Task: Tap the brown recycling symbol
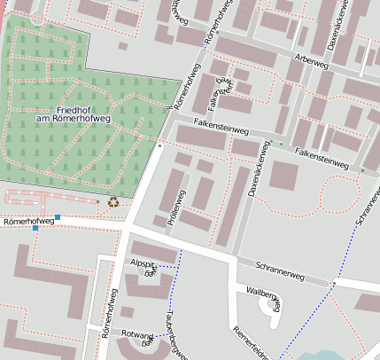tap(113, 202)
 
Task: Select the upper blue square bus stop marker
tap(58, 217)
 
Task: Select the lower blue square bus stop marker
tap(35, 229)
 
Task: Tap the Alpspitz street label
tap(143, 264)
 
